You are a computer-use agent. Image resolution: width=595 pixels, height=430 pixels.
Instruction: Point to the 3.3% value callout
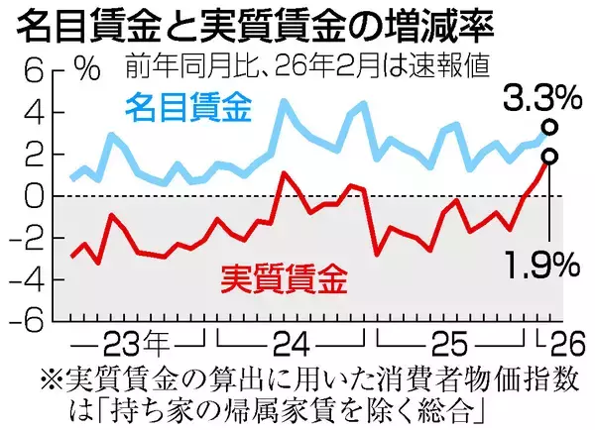[540, 99]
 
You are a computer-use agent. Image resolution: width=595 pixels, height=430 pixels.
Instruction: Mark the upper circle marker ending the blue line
[549, 127]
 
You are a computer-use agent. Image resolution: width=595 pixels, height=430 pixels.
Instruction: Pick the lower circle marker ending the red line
[549, 156]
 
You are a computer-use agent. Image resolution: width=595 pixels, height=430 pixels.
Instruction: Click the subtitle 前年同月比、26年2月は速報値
[307, 67]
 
